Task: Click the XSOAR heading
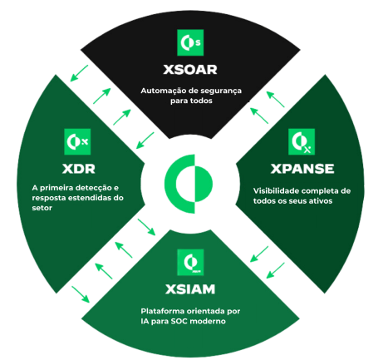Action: coord(190,69)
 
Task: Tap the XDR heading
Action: coord(79,169)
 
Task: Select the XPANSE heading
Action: coord(302,169)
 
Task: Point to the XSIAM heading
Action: coord(190,289)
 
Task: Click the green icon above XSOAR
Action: coord(190,42)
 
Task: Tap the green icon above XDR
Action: coord(77,141)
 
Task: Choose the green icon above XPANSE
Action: coord(302,141)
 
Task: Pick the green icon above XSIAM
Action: coord(190,262)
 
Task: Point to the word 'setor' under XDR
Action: coord(42,208)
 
